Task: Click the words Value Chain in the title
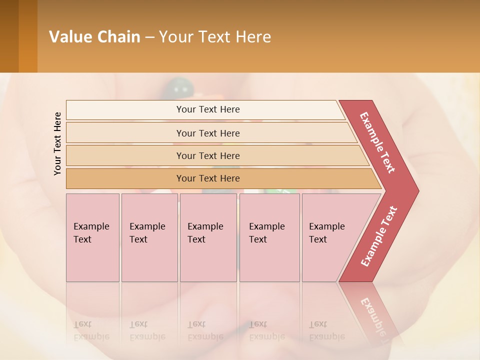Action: coord(94,37)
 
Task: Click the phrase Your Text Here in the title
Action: coord(215,37)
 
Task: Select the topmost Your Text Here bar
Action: coord(208,109)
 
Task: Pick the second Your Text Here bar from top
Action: coord(208,133)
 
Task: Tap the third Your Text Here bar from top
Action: coord(208,155)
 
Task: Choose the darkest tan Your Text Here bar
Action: coord(208,178)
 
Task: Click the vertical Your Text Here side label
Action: coord(57,143)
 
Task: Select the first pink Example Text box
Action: coord(92,237)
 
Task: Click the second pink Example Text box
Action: coord(149,237)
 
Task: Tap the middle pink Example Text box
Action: coord(208,237)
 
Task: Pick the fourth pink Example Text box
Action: coord(269,237)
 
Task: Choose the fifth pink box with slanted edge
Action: coord(330,237)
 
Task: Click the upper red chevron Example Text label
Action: coord(377,142)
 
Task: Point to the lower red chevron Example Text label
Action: coord(378,236)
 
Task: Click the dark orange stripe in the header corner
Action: coord(28,36)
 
